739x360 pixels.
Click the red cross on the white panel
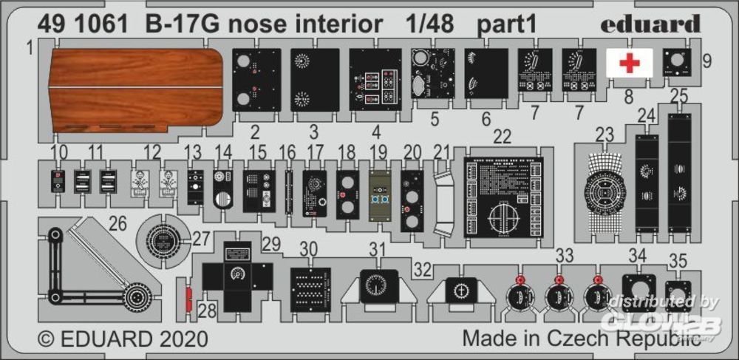(x=630, y=62)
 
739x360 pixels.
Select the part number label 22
(x=502, y=137)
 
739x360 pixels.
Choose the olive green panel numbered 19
(x=380, y=196)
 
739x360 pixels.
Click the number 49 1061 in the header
(x=73, y=25)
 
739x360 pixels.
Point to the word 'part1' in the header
(x=505, y=25)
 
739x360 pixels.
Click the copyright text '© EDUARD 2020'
(x=123, y=339)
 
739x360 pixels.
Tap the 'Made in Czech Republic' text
(x=582, y=339)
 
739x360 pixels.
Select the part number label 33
(x=565, y=255)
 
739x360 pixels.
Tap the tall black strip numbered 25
(x=679, y=169)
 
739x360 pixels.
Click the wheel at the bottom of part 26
(x=137, y=297)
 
